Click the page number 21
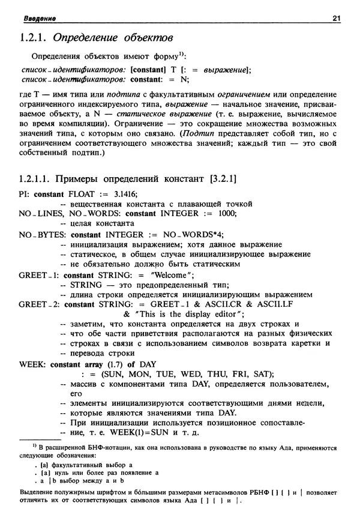pos(336,18)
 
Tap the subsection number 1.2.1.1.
pos(37,179)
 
